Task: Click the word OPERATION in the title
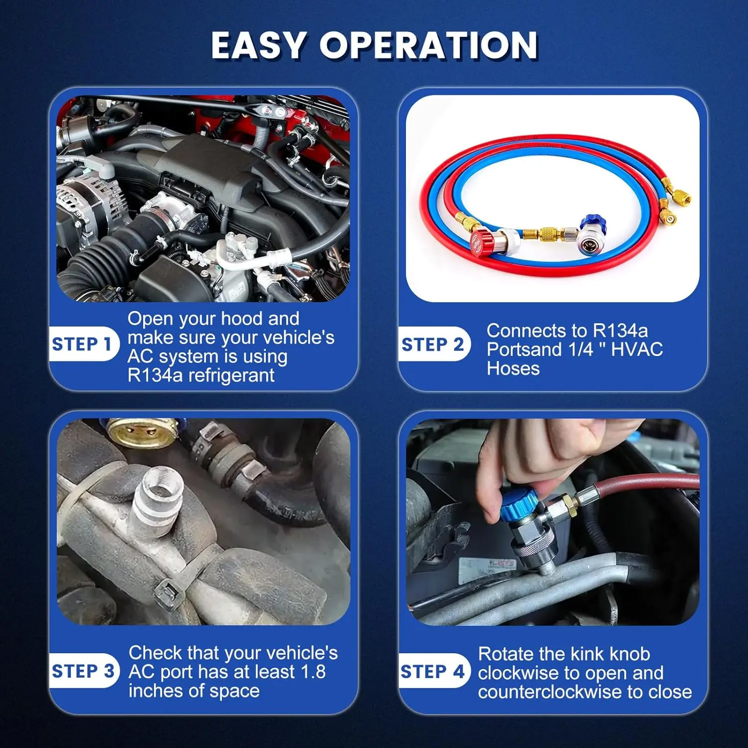coord(429,45)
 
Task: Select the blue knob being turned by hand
coord(519,505)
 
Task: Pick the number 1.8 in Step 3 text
coord(314,672)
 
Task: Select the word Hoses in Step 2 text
coord(513,368)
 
